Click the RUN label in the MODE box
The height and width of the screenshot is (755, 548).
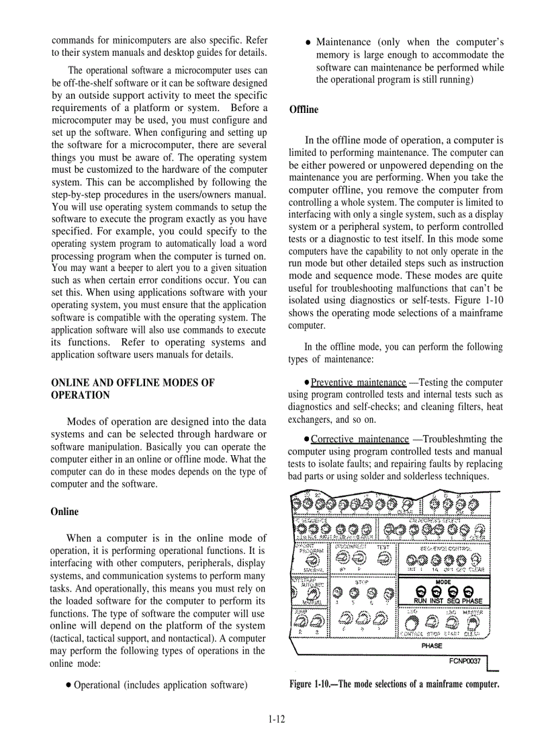pos(420,601)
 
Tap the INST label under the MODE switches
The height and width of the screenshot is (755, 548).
pos(437,601)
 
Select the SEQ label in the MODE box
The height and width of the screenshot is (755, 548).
pos(453,601)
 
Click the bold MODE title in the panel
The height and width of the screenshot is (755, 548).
pos(443,582)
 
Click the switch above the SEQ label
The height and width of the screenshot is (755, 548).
pos(453,591)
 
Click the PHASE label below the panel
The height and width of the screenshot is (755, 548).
pos(432,646)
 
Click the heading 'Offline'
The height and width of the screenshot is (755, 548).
pos(304,110)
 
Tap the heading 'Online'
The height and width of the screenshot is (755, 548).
pos(64,512)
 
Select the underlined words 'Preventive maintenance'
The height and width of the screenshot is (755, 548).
pos(358,383)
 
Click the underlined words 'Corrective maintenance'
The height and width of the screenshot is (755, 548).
pos(359,439)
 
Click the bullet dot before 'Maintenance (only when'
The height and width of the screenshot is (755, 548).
pos(308,42)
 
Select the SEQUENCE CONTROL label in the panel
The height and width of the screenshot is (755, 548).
pos(445,548)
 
